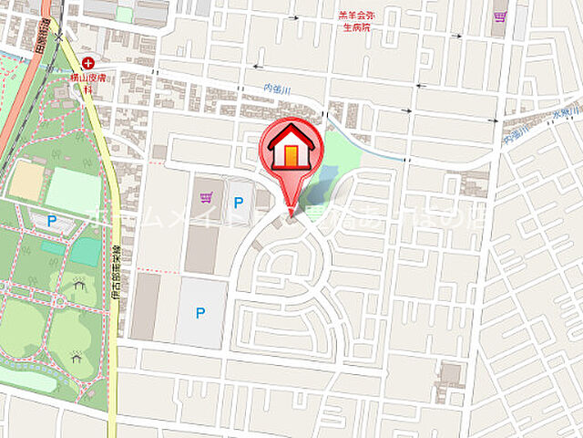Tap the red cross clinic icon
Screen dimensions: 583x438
[x=87, y=64]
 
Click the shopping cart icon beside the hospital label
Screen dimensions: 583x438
[x=499, y=16]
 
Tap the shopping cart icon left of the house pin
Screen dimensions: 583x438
[x=205, y=195]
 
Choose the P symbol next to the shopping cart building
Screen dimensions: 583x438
[x=240, y=203]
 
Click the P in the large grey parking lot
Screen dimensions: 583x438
[x=200, y=313]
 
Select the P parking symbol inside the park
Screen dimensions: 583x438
[x=52, y=220]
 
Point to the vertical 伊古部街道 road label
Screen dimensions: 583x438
[x=128, y=274]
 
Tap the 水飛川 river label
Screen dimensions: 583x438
[x=565, y=119]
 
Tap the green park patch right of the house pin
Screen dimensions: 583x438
[x=342, y=155]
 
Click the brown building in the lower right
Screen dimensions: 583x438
[x=451, y=374]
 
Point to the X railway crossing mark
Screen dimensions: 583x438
[x=60, y=36]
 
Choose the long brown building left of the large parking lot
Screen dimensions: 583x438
[x=146, y=306]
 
